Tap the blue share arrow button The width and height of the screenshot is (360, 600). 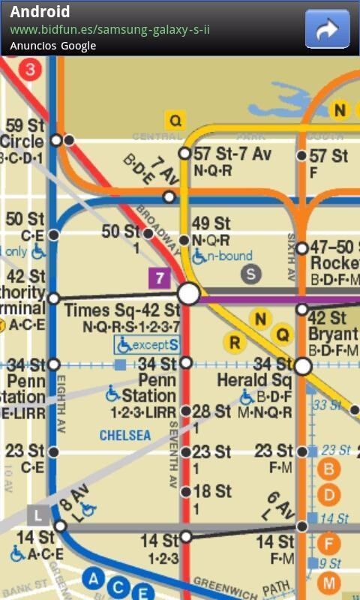pos(328,28)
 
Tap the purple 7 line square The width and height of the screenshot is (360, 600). pos(159,279)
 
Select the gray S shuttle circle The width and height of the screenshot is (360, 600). pos(250,274)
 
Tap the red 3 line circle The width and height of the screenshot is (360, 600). pos(30,70)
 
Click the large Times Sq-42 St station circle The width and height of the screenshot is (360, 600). pos(189,293)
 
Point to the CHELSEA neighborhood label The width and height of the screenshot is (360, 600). pos(125,435)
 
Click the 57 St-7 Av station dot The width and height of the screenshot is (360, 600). pos(184,154)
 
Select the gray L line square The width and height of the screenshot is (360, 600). pos(37,514)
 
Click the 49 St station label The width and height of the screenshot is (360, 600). pos(211,223)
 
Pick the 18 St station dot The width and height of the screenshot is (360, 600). pos(186,492)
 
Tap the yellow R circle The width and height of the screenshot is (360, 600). pos(235,343)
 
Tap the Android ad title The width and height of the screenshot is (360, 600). pos(40,12)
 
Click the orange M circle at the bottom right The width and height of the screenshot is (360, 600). pos(328,583)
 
